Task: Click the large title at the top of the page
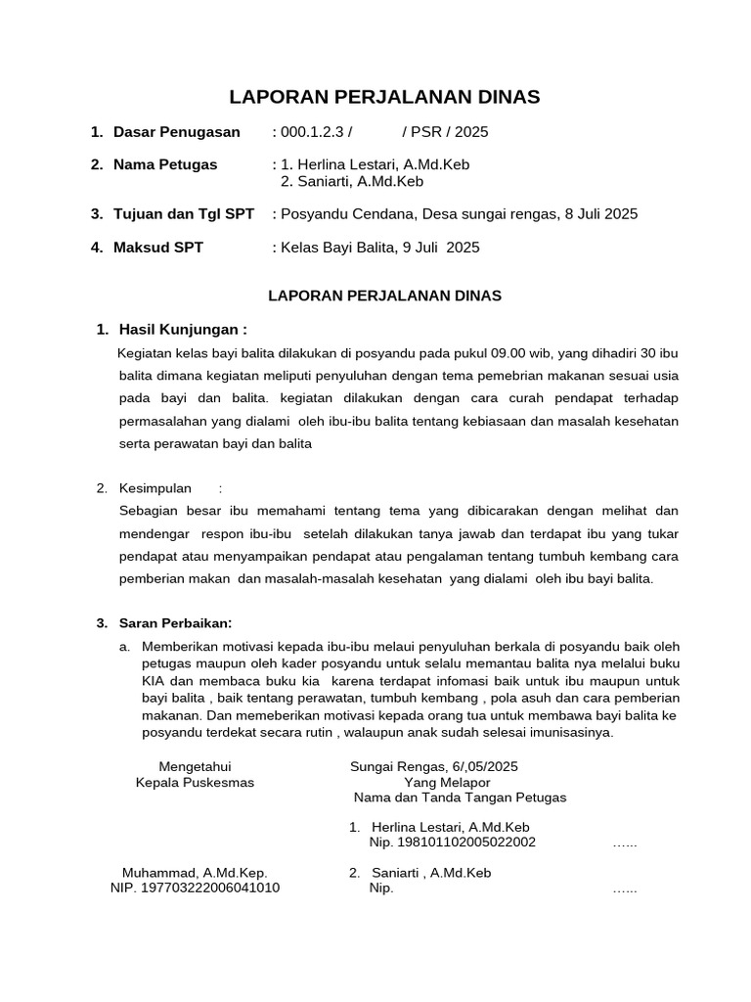[383, 97]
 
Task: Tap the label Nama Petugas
[165, 164]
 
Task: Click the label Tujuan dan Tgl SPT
[183, 214]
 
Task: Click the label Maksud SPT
[157, 248]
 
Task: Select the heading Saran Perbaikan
[175, 623]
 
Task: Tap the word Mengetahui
[195, 766]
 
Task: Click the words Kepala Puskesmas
[195, 782]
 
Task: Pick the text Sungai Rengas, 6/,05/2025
[433, 766]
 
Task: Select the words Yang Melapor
[446, 782]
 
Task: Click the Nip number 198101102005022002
[452, 843]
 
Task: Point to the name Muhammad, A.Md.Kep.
[195, 873]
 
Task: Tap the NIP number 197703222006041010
[195, 888]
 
